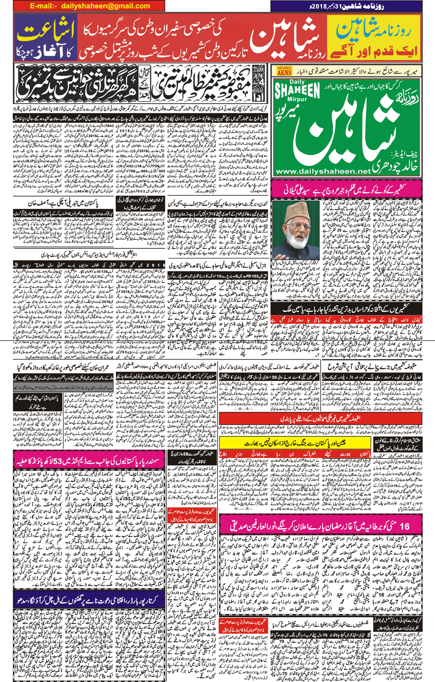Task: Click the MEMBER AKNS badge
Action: coord(284,71)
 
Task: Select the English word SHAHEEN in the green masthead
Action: coord(297,90)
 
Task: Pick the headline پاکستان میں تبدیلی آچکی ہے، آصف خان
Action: coord(57,204)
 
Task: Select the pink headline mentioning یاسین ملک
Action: coord(347,309)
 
